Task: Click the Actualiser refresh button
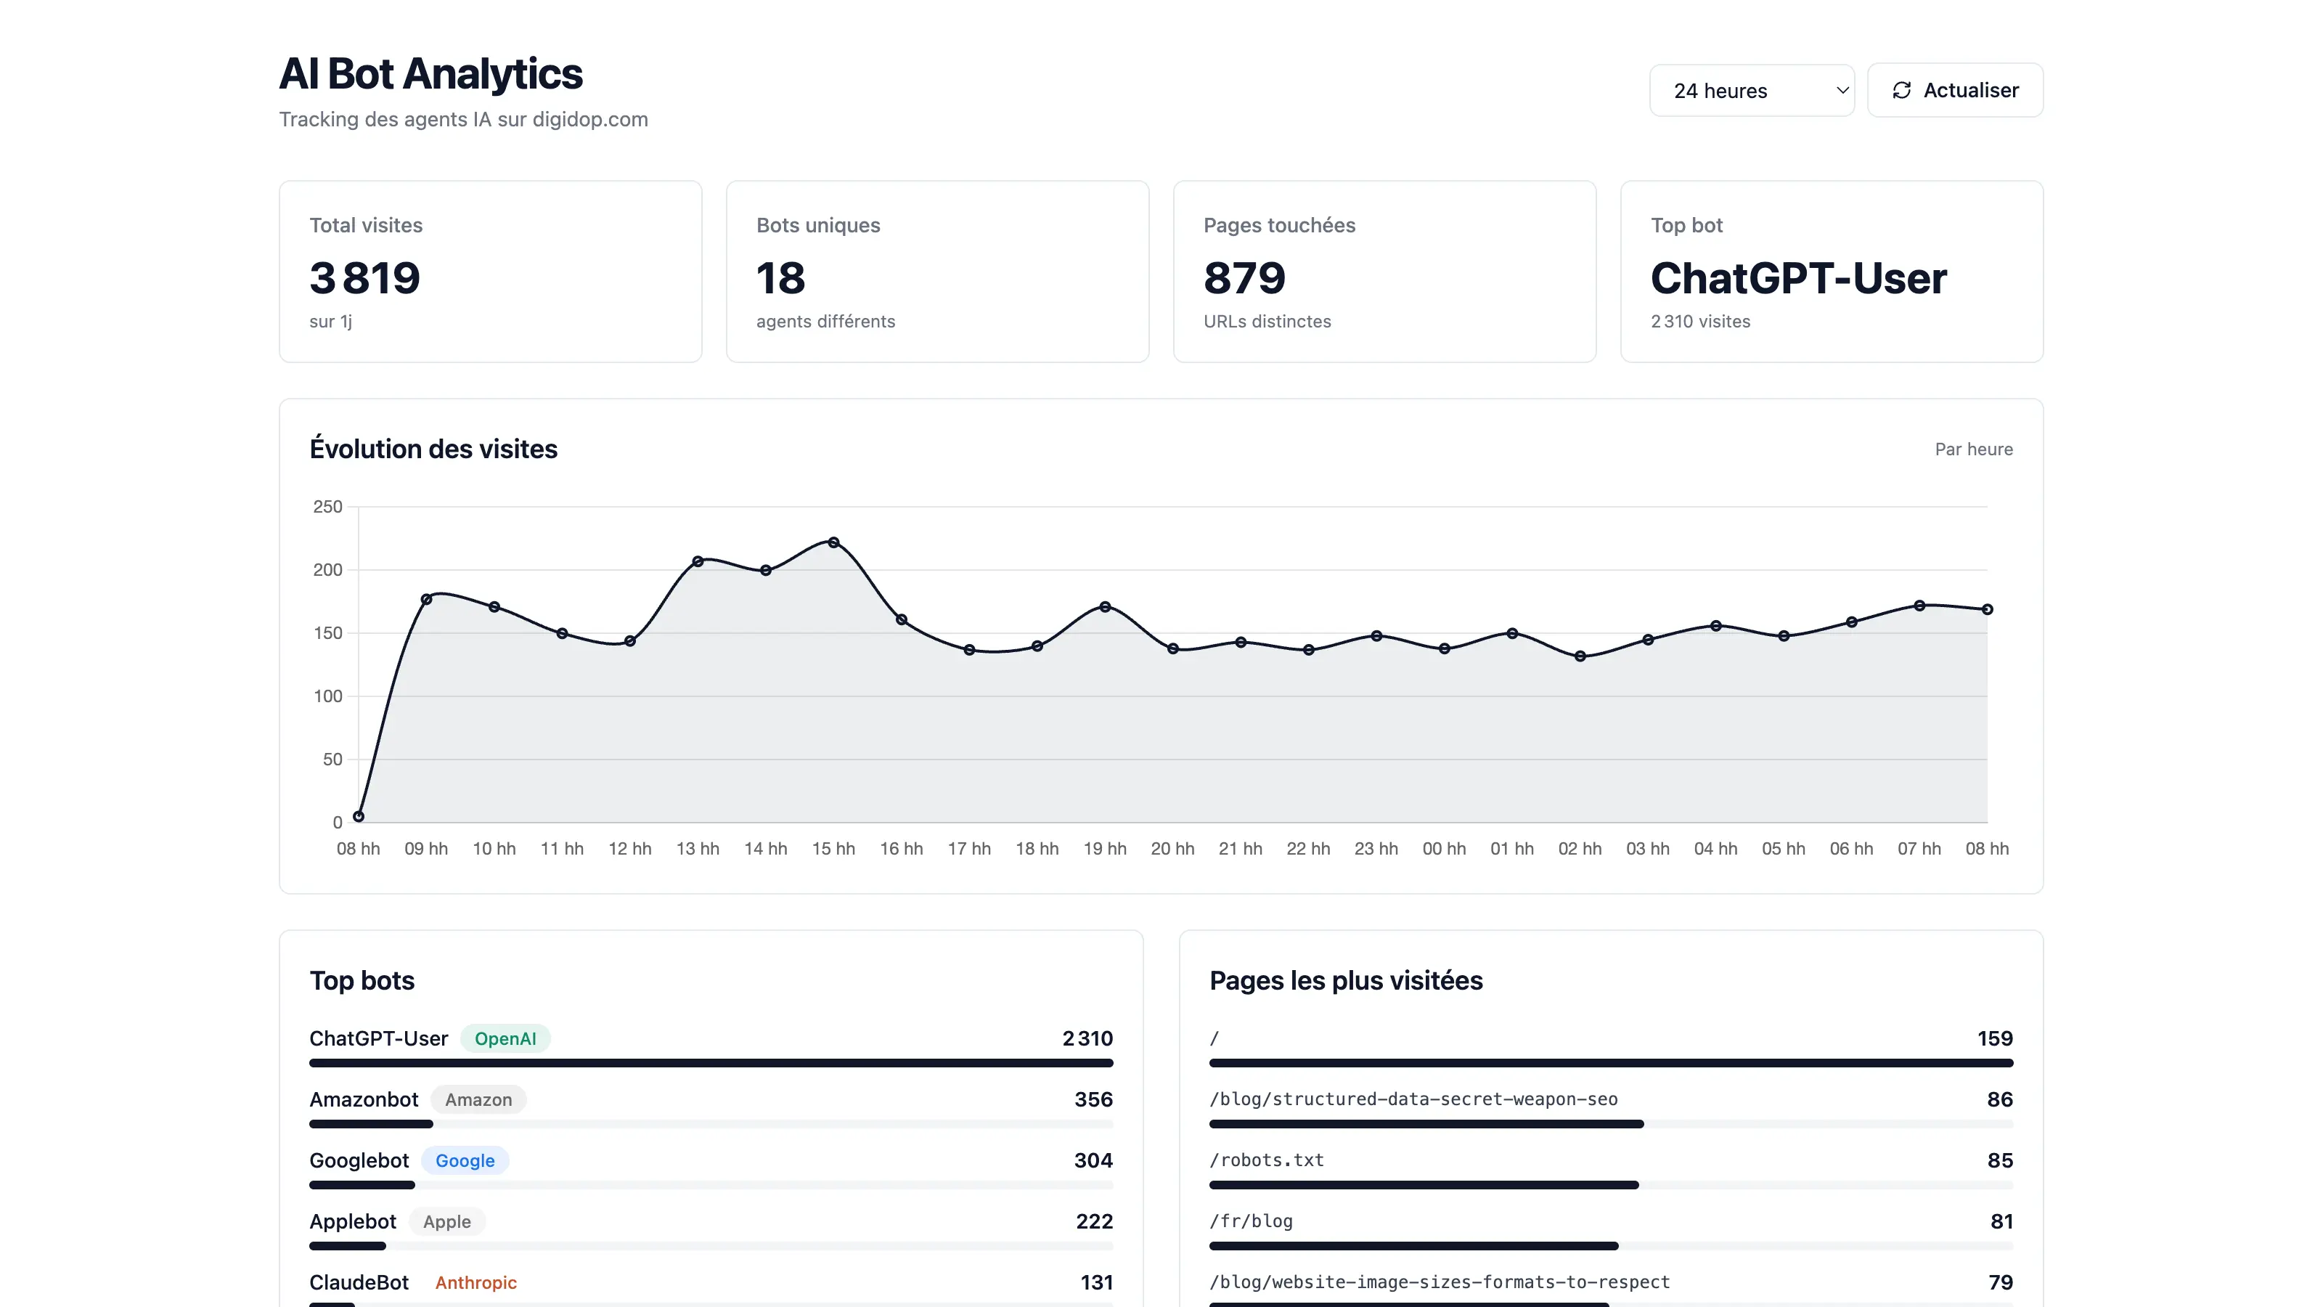[x=1954, y=90]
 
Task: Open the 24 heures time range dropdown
[x=1750, y=91]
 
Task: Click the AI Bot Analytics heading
[x=430, y=74]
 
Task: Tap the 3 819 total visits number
[x=364, y=278]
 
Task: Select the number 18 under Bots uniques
[x=780, y=278]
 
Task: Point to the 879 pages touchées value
[x=1244, y=278]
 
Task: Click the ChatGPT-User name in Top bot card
[x=1797, y=278]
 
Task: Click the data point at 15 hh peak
[x=833, y=543]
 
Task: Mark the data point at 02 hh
[x=1580, y=656]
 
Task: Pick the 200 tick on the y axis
[x=327, y=570]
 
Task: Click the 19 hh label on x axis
[x=1105, y=849]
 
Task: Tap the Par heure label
[x=1973, y=449]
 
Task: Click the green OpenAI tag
[x=505, y=1038]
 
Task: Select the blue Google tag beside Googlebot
[x=465, y=1161]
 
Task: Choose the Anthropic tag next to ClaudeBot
[x=475, y=1282]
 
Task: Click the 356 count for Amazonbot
[x=1093, y=1099]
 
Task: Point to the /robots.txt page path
[x=1266, y=1161]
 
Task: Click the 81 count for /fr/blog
[x=2001, y=1221]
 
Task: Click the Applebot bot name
[x=353, y=1221]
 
